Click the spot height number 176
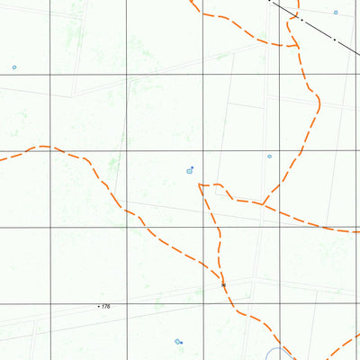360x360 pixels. point(106,307)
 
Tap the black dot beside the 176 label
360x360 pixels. point(98,307)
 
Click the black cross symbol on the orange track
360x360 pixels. point(223,284)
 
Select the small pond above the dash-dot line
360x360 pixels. point(336,13)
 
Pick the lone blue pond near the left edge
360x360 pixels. point(14,67)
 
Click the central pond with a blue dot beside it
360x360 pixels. point(189,171)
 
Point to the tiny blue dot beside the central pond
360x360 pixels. point(192,166)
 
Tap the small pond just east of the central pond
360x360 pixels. point(269,157)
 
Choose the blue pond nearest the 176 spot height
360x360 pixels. point(178,341)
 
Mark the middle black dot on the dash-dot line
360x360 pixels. point(301,19)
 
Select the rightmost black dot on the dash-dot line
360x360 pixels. point(334,40)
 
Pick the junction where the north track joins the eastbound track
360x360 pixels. point(261,203)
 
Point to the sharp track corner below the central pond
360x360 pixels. point(200,185)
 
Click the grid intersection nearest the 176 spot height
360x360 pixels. point(126,304)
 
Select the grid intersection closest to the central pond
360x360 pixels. point(202,151)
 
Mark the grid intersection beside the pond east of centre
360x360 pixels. point(279,151)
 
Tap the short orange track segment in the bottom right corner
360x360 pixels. point(346,345)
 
